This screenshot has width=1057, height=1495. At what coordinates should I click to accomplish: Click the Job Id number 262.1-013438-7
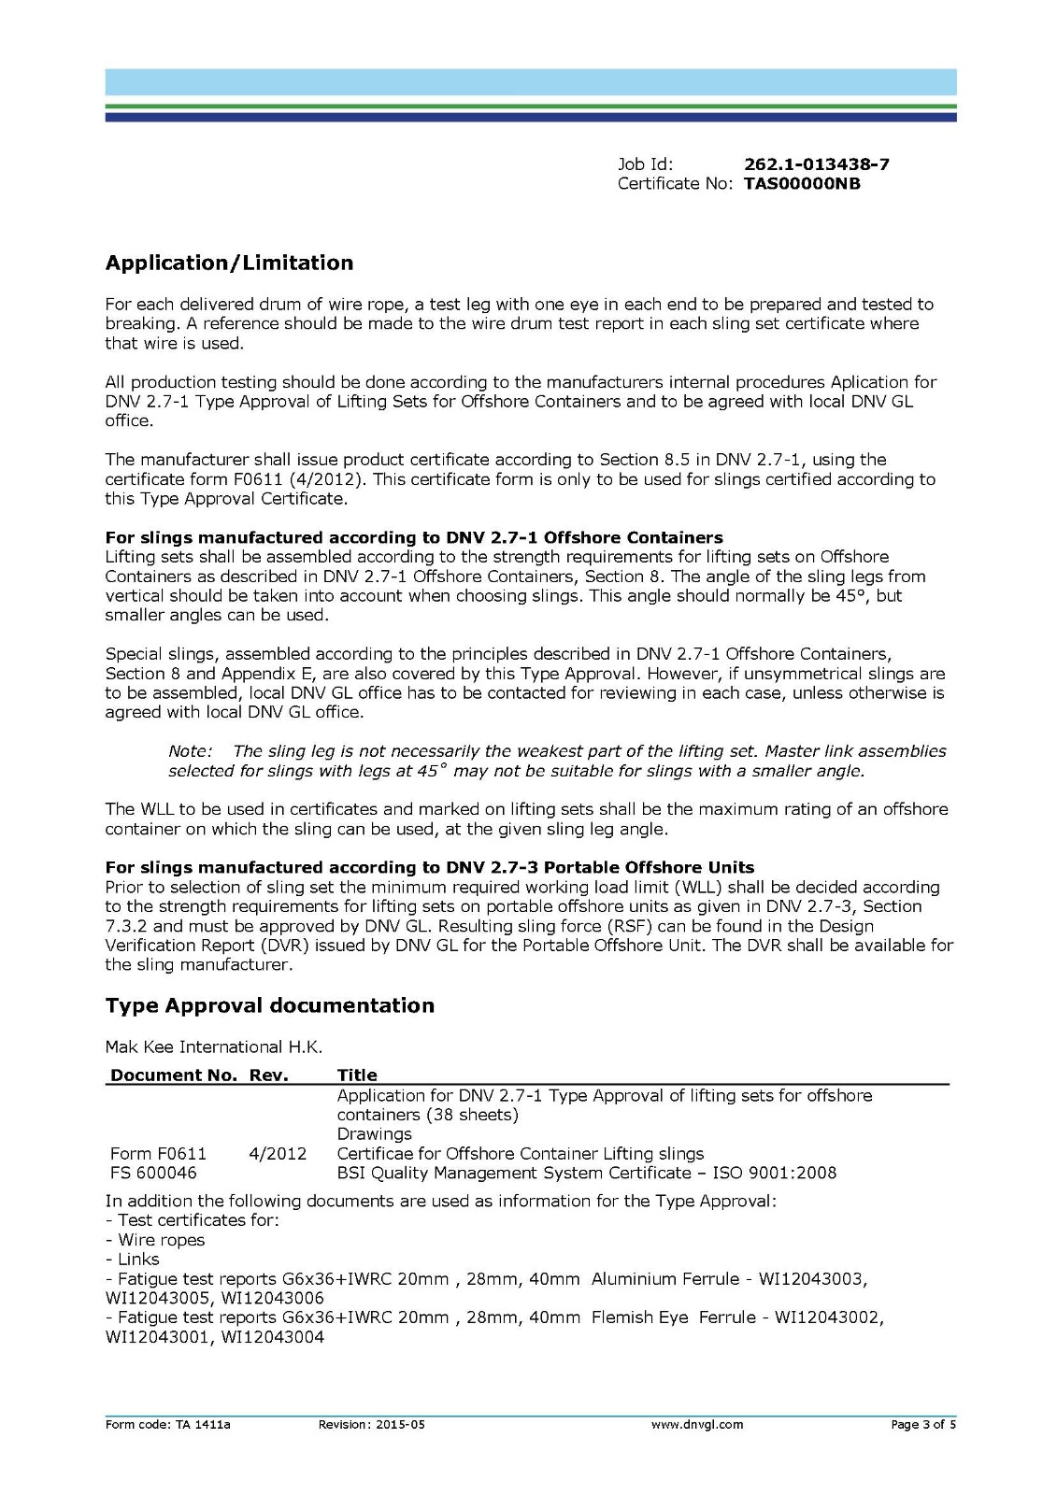tap(816, 164)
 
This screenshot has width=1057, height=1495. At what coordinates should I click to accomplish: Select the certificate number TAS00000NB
tap(802, 184)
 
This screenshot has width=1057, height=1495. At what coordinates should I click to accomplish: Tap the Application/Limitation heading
tap(229, 263)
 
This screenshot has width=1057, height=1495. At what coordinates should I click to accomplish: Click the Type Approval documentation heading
tap(269, 1005)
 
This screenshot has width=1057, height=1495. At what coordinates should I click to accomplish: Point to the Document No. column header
tap(174, 1075)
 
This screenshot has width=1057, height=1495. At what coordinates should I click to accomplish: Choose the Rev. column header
tap(269, 1075)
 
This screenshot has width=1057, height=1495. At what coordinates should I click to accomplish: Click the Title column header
tap(357, 1075)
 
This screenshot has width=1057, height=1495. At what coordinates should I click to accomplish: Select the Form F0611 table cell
tap(158, 1154)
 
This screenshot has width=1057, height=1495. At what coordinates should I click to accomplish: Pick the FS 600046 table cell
tap(153, 1174)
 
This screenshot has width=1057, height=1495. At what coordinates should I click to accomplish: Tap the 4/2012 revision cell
tap(278, 1154)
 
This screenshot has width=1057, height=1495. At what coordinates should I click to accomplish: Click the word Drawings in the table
tap(374, 1134)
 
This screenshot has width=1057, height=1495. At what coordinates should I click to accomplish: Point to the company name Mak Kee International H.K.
tap(213, 1046)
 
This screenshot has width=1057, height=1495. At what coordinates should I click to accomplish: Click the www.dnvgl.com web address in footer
tap(696, 1425)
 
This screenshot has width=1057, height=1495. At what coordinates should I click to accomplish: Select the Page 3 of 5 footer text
tap(922, 1425)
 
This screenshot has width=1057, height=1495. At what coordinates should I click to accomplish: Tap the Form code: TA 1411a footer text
tap(167, 1425)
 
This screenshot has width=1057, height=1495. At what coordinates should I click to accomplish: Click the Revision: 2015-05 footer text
tap(371, 1425)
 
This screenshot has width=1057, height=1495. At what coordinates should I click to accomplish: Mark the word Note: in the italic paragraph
tap(191, 751)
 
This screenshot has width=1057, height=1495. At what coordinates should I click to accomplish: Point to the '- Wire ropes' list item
tap(155, 1240)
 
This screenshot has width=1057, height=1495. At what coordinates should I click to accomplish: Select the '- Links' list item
tap(133, 1260)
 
